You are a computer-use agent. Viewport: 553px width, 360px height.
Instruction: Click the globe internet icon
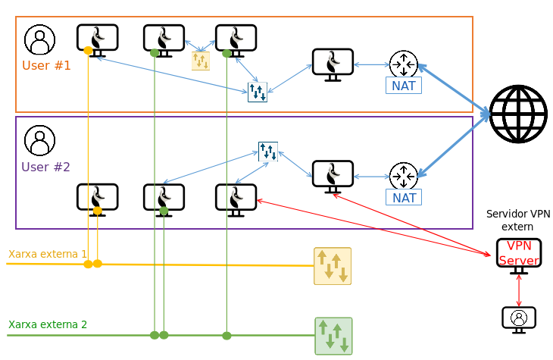click(518, 114)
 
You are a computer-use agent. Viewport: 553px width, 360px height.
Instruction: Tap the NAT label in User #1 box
click(404, 86)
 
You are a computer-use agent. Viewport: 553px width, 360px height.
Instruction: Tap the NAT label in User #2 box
click(404, 198)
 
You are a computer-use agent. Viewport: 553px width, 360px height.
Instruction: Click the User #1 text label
click(46, 65)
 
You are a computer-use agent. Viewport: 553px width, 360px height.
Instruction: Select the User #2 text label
click(45, 167)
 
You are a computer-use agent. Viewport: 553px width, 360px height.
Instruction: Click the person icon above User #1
click(39, 39)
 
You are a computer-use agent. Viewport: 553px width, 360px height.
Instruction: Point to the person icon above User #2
click(39, 140)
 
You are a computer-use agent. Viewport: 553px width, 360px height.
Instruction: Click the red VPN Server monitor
click(519, 254)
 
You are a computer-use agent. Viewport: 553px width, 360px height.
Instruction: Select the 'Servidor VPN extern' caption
click(518, 221)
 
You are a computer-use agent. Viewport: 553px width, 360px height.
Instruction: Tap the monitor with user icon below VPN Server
click(519, 318)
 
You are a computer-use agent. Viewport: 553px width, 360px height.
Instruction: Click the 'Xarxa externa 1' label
click(48, 254)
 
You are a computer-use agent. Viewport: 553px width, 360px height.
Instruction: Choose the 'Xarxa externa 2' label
click(48, 324)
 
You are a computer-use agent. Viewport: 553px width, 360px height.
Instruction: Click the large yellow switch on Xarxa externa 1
click(333, 266)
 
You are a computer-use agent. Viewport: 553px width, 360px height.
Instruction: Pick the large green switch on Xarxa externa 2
click(333, 336)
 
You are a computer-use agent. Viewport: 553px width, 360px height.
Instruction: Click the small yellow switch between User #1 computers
click(201, 61)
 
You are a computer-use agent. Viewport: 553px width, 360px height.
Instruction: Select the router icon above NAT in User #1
click(404, 64)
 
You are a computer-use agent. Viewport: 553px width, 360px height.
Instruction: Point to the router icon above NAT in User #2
click(404, 176)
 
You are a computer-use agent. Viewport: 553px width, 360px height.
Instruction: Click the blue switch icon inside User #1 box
click(258, 92)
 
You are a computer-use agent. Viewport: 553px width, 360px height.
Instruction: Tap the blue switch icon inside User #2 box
click(268, 152)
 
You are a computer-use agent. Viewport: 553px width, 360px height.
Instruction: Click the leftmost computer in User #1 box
click(98, 39)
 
